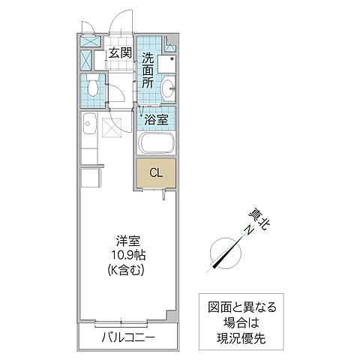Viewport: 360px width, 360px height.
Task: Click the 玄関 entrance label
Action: coord(119,52)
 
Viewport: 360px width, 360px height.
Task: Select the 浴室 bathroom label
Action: coord(155,118)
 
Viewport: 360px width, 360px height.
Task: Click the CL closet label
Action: coord(155,173)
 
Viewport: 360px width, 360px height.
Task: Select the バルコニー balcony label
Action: coord(128,339)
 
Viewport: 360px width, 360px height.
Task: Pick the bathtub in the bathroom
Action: coord(156,143)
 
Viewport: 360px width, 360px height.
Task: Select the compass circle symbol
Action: coord(224,252)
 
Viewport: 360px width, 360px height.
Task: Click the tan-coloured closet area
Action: coord(156,173)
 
